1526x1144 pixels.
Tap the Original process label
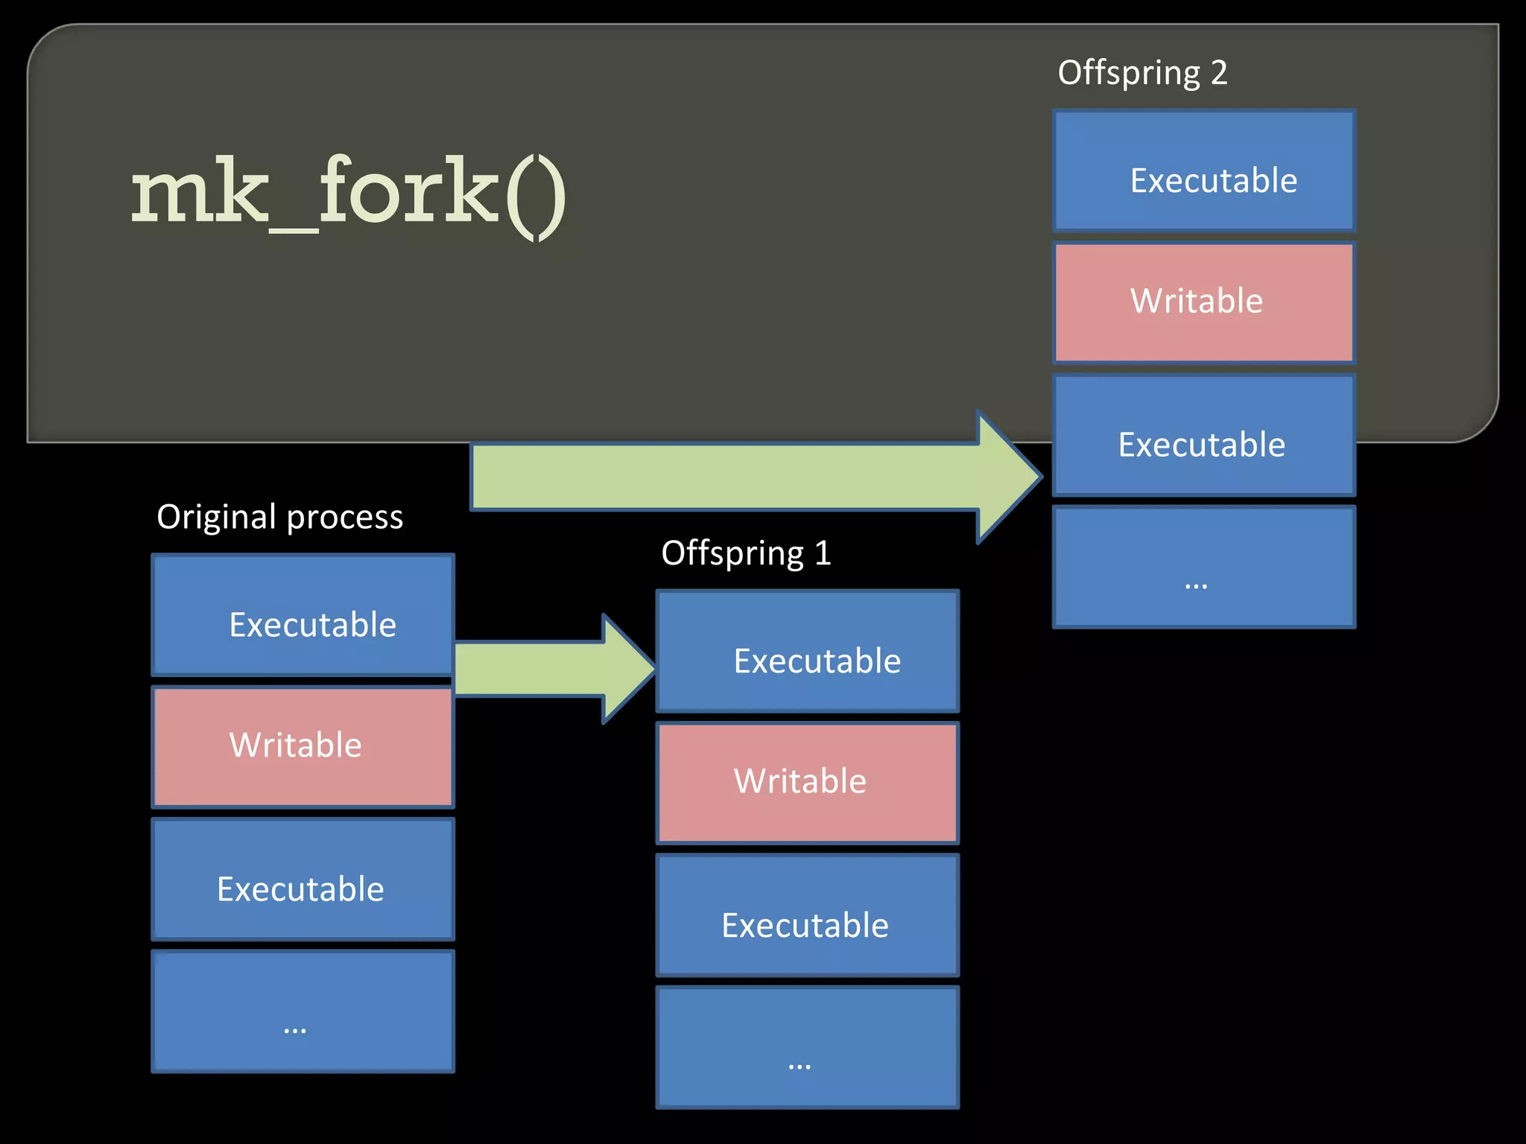(x=279, y=516)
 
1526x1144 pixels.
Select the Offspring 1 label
(x=746, y=553)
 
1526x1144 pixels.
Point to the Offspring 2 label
(x=1142, y=73)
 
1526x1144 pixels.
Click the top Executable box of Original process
(x=303, y=615)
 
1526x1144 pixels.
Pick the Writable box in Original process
(x=303, y=746)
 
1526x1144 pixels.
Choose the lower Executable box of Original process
(x=303, y=880)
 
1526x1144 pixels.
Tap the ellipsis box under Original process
(x=303, y=1011)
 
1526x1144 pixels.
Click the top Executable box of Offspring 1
(x=808, y=652)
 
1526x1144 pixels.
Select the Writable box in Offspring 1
(x=808, y=783)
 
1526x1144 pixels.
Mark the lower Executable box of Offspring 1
(x=808, y=915)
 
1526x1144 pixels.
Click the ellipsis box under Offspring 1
(x=808, y=1048)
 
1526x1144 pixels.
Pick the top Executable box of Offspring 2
(x=1204, y=171)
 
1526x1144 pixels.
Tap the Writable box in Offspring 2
(x=1204, y=302)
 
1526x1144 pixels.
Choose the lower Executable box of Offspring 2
(x=1204, y=436)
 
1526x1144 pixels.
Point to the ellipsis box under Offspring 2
(x=1204, y=568)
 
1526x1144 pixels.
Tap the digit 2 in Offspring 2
(x=1219, y=73)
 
